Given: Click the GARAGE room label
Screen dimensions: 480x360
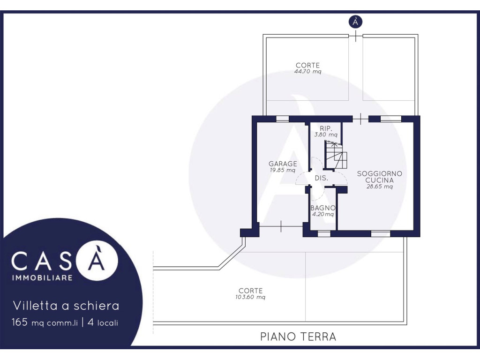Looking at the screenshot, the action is (283, 164).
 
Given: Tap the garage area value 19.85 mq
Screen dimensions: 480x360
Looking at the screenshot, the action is (283, 170).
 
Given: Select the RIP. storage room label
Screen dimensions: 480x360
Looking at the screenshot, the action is (326, 128).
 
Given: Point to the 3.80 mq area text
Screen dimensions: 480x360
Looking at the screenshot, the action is (326, 135).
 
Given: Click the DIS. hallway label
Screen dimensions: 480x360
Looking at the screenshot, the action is (322, 178).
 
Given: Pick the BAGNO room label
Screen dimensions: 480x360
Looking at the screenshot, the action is (323, 208).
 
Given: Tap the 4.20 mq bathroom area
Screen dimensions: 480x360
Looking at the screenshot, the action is (323, 214).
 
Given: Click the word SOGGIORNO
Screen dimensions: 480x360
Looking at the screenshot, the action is (380, 173).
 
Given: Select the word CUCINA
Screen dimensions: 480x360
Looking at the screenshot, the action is (380, 180).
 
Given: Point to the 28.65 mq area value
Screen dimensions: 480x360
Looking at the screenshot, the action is (380, 187).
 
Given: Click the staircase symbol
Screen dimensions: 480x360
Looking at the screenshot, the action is (336, 155).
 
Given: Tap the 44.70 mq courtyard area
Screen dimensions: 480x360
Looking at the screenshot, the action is (307, 72).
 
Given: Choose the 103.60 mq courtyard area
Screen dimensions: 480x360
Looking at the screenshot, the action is (250, 297).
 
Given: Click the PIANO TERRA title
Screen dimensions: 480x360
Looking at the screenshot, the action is (298, 337).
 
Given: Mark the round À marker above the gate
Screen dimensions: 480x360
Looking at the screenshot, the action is (355, 22).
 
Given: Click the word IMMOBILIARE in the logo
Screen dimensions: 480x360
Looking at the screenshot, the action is (42, 277).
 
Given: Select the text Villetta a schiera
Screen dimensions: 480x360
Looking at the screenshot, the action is (66, 306).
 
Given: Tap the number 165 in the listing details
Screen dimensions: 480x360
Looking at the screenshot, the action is (20, 322).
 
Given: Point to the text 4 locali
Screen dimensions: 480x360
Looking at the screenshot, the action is (103, 322).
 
